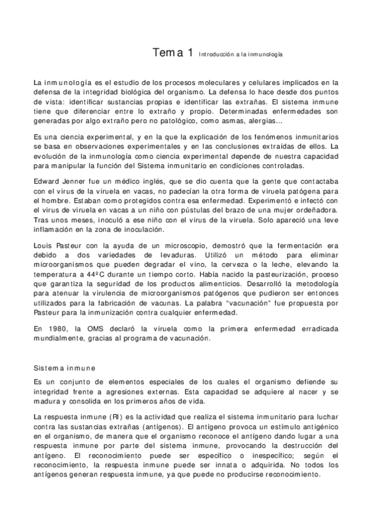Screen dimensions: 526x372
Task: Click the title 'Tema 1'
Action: tap(172, 53)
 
